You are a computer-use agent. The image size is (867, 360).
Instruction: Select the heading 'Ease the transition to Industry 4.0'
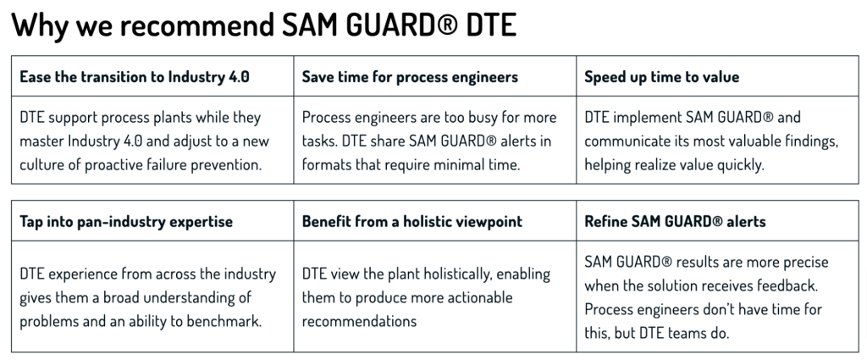(x=135, y=76)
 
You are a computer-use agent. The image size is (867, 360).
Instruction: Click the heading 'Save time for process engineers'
(x=410, y=76)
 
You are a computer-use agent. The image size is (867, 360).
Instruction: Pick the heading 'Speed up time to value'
(x=661, y=76)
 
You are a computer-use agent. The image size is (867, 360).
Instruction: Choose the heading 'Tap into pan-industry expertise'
(x=126, y=221)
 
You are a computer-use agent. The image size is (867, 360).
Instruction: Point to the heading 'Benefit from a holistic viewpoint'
(x=412, y=221)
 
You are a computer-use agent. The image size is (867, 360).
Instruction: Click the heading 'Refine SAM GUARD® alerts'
(x=675, y=221)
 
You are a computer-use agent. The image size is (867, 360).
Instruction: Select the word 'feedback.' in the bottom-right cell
(x=788, y=286)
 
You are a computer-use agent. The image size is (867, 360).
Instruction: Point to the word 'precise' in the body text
(x=805, y=262)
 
